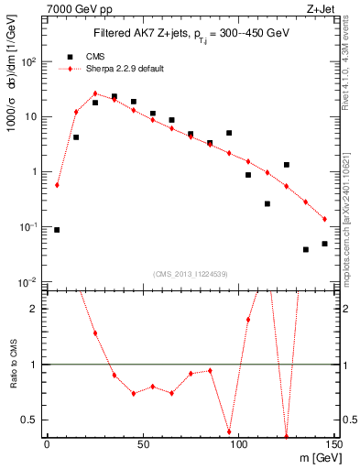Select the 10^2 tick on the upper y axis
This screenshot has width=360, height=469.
pos(32,61)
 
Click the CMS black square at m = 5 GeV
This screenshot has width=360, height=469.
pos(57,230)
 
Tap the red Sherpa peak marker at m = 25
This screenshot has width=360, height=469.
pos(95,93)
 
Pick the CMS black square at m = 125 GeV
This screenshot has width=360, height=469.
pos(287,165)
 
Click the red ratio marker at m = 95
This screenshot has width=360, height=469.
pos(229,431)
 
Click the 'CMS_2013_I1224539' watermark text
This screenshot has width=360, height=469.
pos(191,273)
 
